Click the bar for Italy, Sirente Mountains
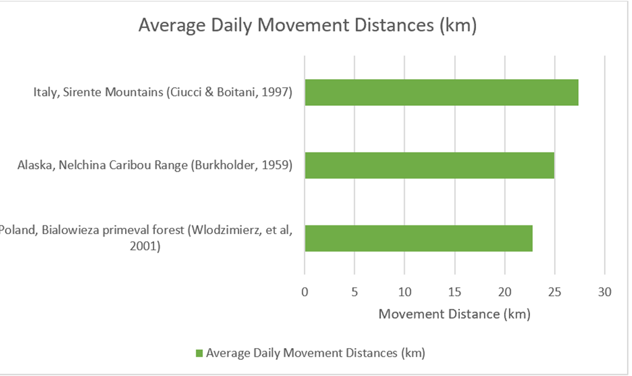tap(441, 92)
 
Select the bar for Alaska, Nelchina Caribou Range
tap(429, 165)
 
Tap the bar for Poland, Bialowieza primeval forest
tap(418, 238)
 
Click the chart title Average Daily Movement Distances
tap(308, 25)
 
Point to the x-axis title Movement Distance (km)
tap(454, 314)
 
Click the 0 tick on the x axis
tap(305, 292)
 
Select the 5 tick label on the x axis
tap(355, 292)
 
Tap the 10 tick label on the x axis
tap(405, 292)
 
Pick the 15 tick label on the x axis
tap(454, 292)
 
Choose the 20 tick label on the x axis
tap(504, 292)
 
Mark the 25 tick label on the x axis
tap(555, 292)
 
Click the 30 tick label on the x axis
tap(605, 292)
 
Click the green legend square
tap(199, 354)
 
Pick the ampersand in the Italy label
tap(209, 92)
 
